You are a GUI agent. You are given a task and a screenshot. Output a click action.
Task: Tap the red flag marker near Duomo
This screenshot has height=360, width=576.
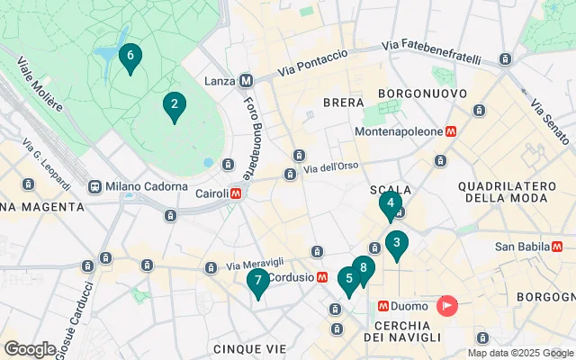447,306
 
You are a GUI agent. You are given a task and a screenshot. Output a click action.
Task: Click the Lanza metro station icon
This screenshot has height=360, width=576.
246,81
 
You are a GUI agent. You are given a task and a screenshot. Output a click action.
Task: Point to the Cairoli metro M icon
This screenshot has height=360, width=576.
236,193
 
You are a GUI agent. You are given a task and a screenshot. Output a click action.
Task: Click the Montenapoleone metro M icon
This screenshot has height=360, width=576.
452,131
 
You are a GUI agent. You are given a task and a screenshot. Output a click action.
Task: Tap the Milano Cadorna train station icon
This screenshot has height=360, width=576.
94,186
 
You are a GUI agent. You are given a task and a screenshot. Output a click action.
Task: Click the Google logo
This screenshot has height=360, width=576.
30,349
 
